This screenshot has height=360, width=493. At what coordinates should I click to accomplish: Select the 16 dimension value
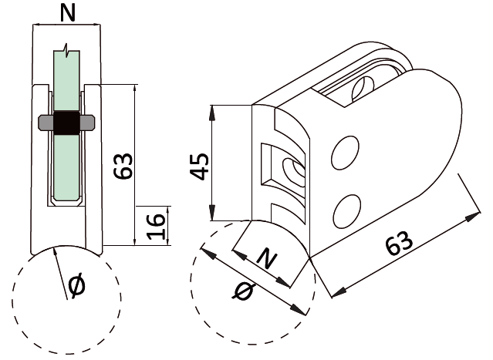[x=157, y=224]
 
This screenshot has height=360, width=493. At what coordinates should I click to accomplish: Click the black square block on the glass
[x=66, y=123]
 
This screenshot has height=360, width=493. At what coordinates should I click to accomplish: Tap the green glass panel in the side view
[x=67, y=166]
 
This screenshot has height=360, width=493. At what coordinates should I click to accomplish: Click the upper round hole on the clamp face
[x=346, y=154]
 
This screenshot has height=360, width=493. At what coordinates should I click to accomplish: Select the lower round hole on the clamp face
[x=348, y=210]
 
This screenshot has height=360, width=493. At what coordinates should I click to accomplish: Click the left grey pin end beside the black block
[x=45, y=123]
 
